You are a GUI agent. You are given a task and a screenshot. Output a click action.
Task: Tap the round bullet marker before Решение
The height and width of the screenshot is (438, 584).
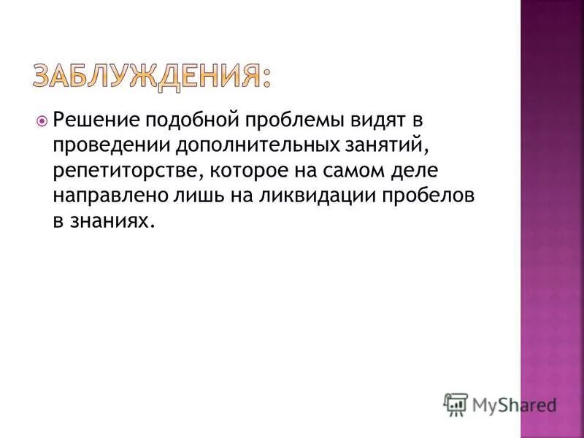tap(42, 120)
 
